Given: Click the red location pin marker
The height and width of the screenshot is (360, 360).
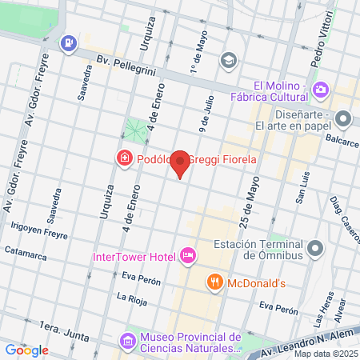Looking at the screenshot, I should (x=181, y=162).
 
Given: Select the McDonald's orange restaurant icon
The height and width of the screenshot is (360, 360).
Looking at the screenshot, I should (x=214, y=282).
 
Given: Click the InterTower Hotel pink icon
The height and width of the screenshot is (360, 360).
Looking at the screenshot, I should (x=188, y=256).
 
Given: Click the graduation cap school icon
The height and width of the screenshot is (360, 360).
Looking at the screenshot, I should (x=230, y=59).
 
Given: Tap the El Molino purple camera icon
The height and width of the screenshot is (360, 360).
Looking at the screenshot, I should (x=322, y=90).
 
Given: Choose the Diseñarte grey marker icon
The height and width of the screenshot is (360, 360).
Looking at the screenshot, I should (x=344, y=119).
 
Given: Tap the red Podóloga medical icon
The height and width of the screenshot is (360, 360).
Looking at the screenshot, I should (x=124, y=158).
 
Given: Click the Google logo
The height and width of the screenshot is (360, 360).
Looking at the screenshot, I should (x=26, y=350).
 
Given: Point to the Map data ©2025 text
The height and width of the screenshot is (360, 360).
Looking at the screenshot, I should (x=324, y=354).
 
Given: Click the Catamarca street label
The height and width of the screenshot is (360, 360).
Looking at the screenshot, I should (x=26, y=250).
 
